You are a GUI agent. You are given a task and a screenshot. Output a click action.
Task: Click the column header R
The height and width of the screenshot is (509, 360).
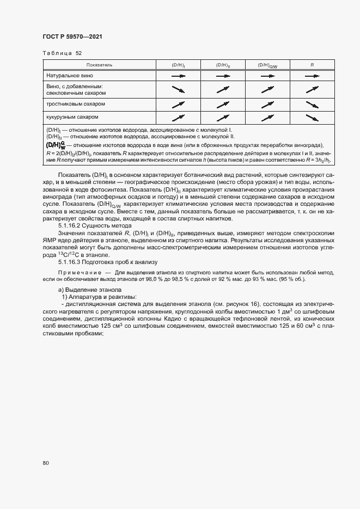coord(312,65)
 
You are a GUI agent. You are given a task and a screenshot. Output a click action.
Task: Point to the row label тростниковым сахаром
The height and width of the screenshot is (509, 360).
coord(75,103)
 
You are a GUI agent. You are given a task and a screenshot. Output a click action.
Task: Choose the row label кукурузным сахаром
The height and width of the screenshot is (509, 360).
coord(72,116)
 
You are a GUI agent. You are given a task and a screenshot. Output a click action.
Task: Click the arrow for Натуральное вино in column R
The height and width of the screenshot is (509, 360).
coord(312,77)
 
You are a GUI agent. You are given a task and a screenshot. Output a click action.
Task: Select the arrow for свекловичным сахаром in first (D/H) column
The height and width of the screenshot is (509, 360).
coord(179,90)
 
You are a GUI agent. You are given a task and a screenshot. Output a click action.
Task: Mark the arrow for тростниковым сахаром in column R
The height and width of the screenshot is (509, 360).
coord(312,104)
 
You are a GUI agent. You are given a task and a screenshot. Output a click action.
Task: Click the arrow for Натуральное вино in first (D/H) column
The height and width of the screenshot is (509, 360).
coord(179,77)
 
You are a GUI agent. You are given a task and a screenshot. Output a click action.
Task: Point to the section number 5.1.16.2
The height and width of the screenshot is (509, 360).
coord(71,224)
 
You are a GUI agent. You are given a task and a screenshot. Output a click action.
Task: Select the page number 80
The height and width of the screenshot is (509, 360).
coord(46,463)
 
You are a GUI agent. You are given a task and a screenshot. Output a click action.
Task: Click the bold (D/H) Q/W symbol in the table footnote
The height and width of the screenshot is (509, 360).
coord(56,145)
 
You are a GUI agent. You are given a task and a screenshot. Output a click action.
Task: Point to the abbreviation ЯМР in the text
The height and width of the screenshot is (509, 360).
coord(50,240)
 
